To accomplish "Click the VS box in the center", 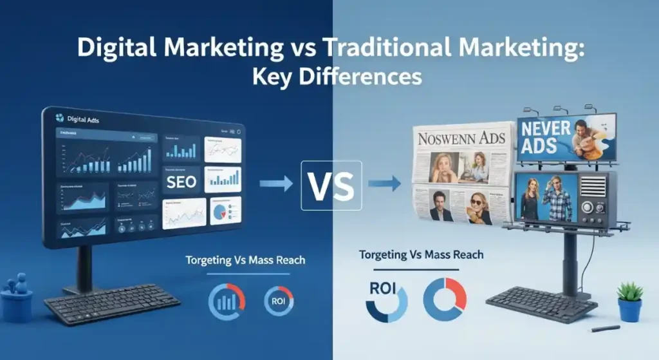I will (331, 185).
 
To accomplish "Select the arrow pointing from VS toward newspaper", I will (384, 185).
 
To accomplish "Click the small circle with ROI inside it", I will (279, 300).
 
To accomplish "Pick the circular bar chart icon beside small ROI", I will (227, 301).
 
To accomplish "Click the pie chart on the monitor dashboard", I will (223, 211).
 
